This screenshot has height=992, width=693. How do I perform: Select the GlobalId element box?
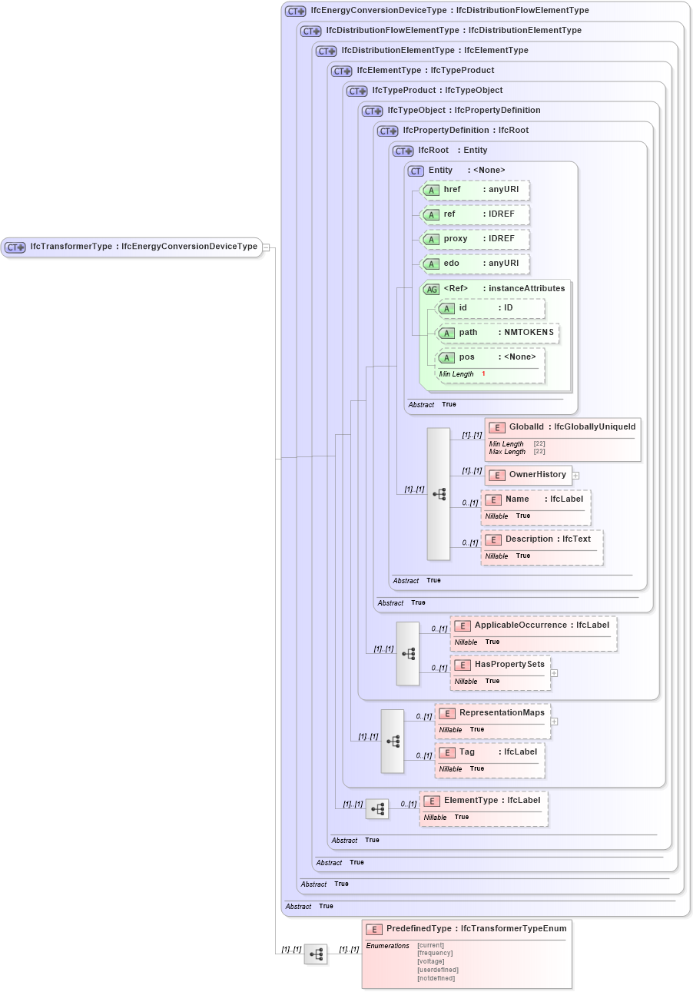pyautogui.click(x=562, y=427)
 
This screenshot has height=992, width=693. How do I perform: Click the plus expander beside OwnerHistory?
pyautogui.click(x=575, y=476)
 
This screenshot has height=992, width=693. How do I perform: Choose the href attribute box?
pyautogui.click(x=475, y=190)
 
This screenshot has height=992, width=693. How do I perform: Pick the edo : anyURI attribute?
pyautogui.click(x=475, y=264)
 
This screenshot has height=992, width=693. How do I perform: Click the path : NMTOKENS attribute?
pyautogui.click(x=497, y=333)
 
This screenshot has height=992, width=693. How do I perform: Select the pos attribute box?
pyautogui.click(x=490, y=357)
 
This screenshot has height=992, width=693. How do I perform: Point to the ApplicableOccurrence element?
pyautogui.click(x=533, y=625)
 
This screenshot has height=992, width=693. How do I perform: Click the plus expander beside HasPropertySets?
pyautogui.click(x=554, y=673)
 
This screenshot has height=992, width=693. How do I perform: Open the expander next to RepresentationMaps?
pyautogui.click(x=554, y=722)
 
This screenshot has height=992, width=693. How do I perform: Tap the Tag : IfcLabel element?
pyautogui.click(x=489, y=752)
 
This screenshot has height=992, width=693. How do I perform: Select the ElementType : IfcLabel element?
pyautogui.click(x=483, y=801)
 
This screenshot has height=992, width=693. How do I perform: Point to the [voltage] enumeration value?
pyautogui.click(x=430, y=961)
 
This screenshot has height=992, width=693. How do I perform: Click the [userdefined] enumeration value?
pyautogui.click(x=437, y=970)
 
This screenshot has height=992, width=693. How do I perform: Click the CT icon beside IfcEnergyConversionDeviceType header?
pyautogui.click(x=295, y=12)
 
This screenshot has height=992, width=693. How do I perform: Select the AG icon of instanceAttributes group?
pyautogui.click(x=432, y=289)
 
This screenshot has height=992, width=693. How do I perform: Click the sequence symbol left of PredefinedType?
pyautogui.click(x=316, y=954)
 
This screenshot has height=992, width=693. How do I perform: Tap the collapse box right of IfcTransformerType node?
pyautogui.click(x=266, y=247)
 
